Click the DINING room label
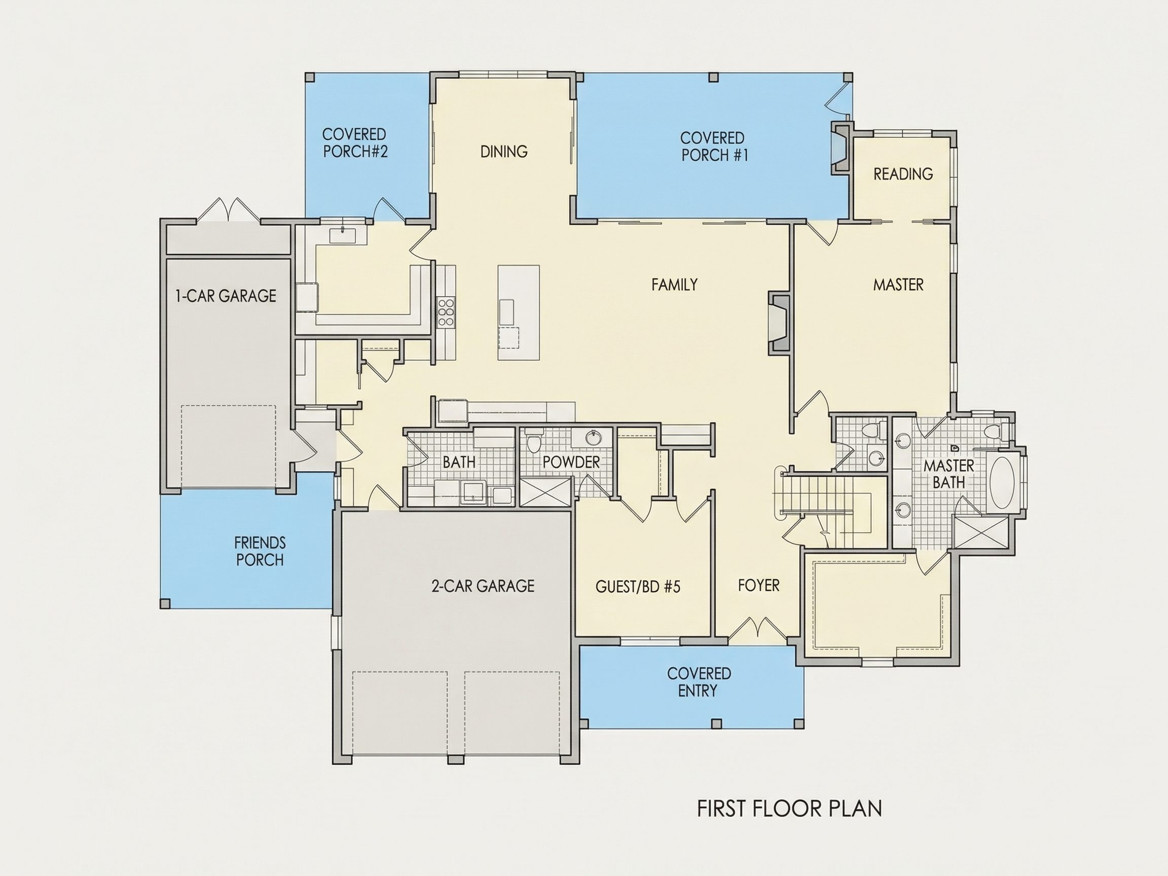tap(504, 152)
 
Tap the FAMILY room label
tap(674, 284)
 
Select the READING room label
tap(903, 174)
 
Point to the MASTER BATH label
tap(949, 473)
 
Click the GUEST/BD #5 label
tap(638, 586)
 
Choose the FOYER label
tap(759, 585)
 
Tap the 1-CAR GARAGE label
tap(226, 296)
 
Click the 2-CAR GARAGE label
tap(483, 586)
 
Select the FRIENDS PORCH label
tap(260, 551)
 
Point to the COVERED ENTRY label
tap(699, 682)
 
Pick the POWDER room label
tap(571, 462)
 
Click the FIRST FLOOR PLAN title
tap(789, 809)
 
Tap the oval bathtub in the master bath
tap(1001, 482)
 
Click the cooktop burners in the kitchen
tap(446, 312)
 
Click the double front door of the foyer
tap(758, 627)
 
